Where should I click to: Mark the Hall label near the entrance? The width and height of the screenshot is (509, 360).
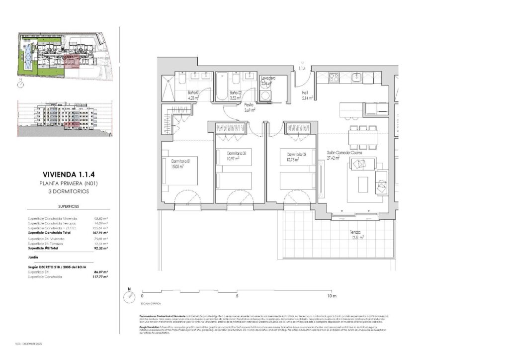pyautogui.click(x=306, y=92)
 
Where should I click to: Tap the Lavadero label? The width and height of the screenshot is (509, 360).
pyautogui.click(x=268, y=79)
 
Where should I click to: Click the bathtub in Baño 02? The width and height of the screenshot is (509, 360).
pyautogui.click(x=222, y=87)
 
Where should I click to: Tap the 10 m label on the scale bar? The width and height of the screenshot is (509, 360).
pyautogui.click(x=332, y=296)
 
